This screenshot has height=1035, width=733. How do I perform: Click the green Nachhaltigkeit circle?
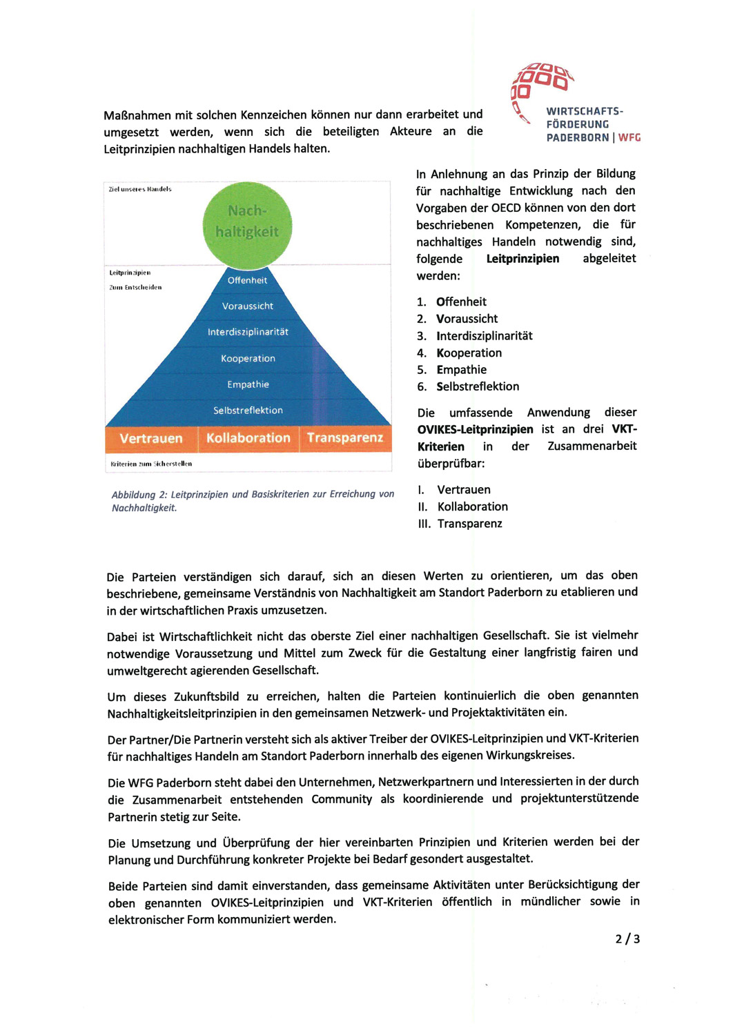coord(247,222)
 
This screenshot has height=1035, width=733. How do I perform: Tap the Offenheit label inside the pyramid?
coord(247,280)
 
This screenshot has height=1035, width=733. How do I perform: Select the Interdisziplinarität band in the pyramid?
coord(248,332)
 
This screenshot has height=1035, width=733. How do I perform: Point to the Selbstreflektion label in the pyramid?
coord(248,411)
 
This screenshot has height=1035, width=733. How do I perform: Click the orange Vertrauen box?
coord(151,438)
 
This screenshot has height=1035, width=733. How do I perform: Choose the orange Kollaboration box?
coord(248,438)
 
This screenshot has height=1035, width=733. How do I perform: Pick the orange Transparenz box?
coord(345,438)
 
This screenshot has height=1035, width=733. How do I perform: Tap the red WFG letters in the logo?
coord(629,137)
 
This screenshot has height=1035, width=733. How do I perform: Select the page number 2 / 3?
coord(627,939)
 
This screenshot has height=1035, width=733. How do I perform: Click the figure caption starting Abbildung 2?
coord(253,501)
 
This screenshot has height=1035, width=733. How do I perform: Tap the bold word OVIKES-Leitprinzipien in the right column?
coord(475,429)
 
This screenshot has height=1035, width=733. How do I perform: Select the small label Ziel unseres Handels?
coord(140,189)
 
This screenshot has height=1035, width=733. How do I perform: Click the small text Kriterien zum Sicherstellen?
coord(151,464)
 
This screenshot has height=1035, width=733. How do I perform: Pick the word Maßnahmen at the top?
coord(136,115)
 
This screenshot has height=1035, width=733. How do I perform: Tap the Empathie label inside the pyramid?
coord(248,384)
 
